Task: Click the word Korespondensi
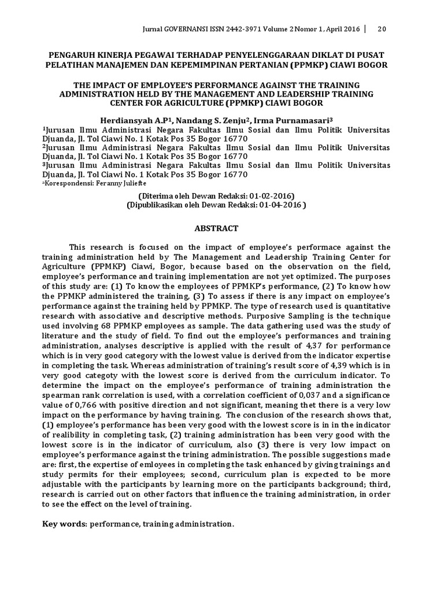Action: [65, 183]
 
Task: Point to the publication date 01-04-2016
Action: [280, 205]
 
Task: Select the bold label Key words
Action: [63, 524]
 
